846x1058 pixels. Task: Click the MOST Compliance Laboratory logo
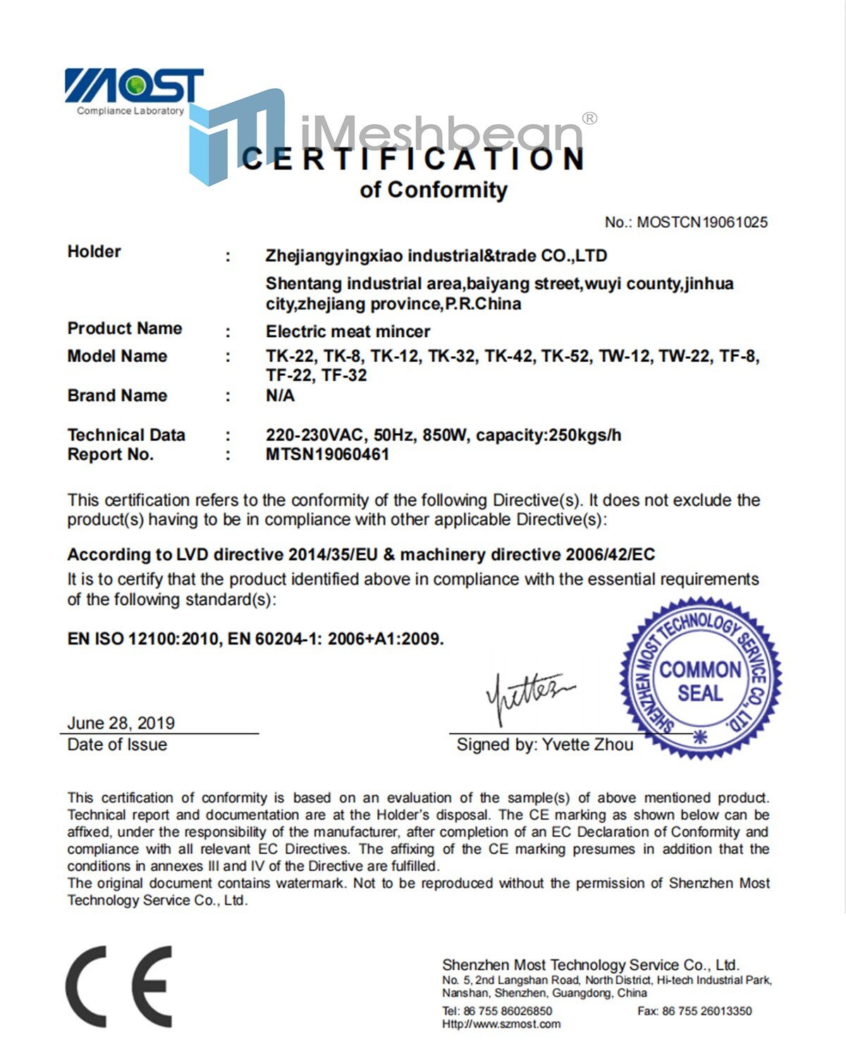click(x=133, y=91)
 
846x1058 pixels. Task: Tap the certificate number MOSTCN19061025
click(x=701, y=222)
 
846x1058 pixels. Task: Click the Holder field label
click(x=94, y=252)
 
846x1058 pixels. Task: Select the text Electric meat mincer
click(x=348, y=332)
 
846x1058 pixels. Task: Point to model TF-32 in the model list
click(x=344, y=375)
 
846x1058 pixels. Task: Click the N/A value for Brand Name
click(x=280, y=396)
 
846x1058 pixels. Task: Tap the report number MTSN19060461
click(x=327, y=454)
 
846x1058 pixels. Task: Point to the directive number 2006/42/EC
click(x=610, y=555)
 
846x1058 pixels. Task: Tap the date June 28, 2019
click(x=121, y=723)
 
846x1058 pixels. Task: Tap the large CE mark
click(x=118, y=986)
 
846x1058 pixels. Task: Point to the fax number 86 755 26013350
click(x=706, y=1011)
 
